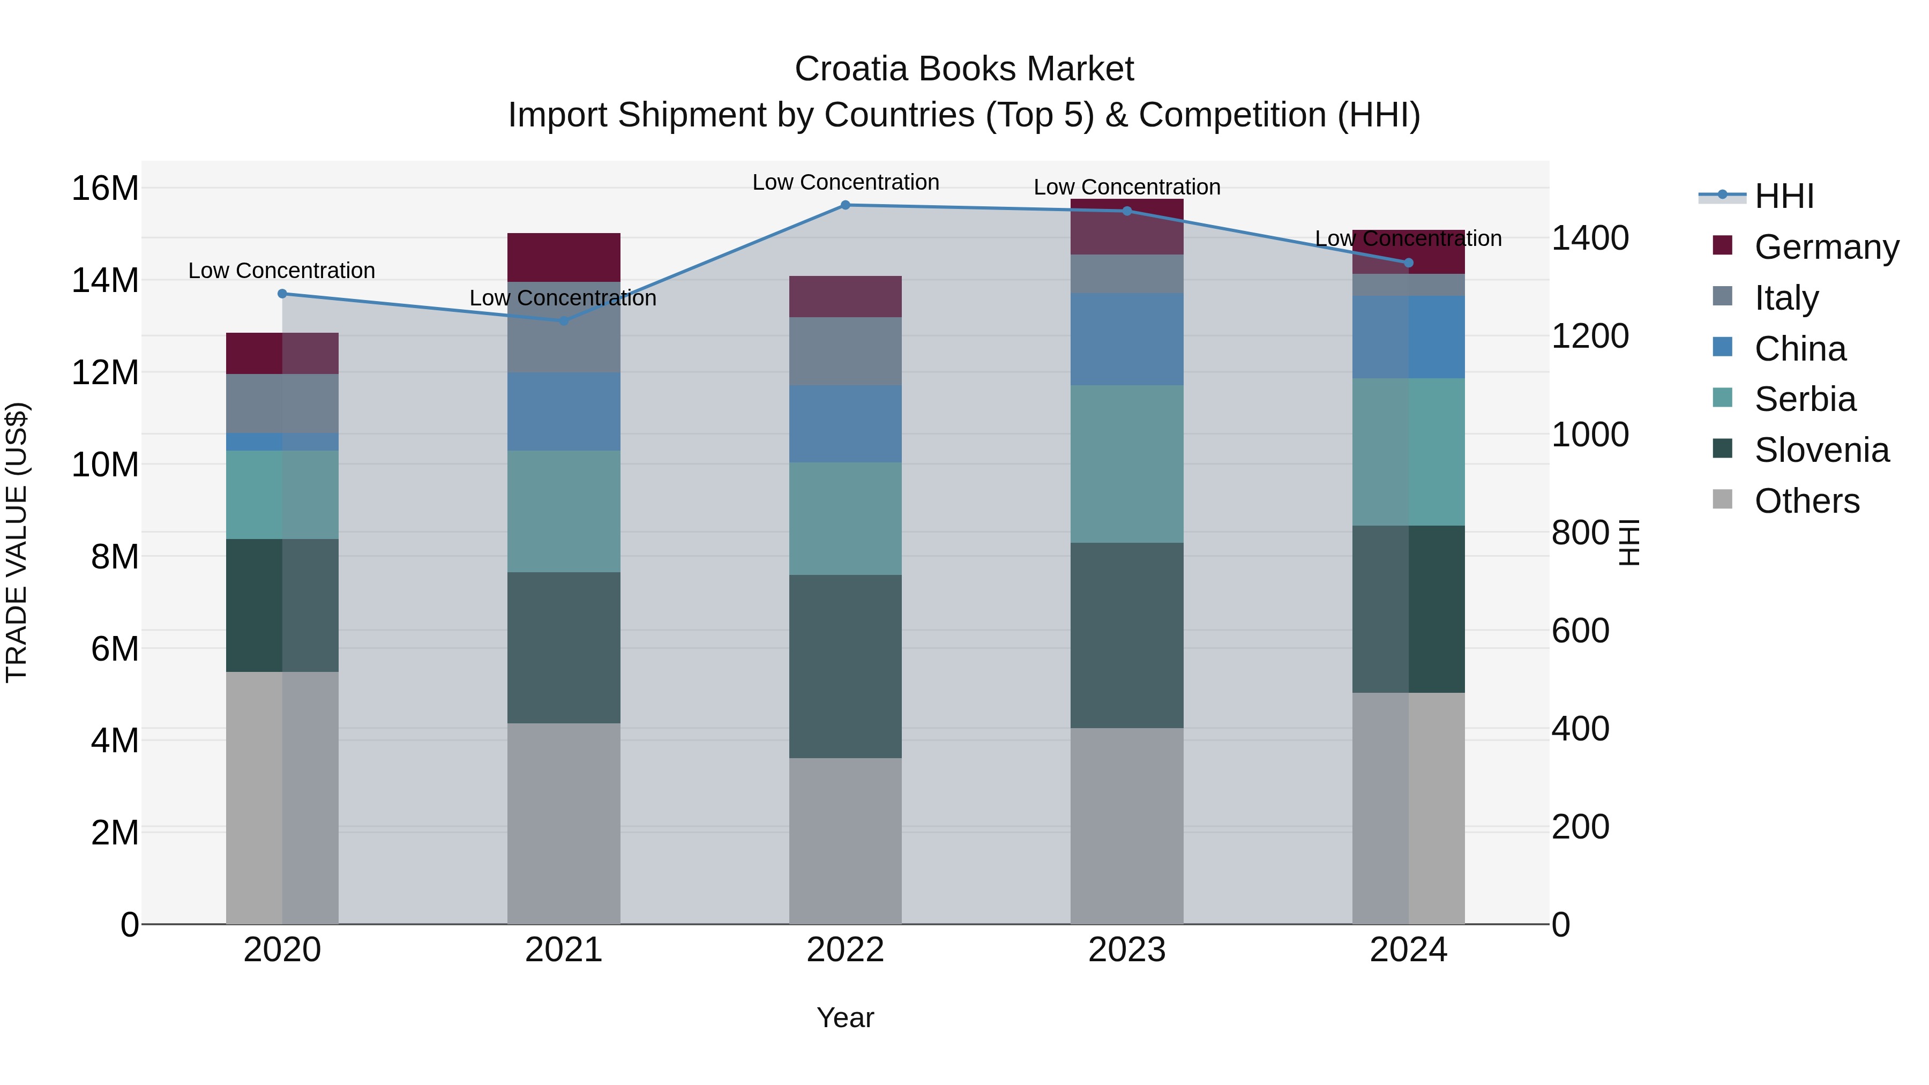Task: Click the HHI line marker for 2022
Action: click(846, 205)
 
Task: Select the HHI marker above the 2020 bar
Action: click(282, 294)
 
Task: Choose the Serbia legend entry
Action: click(1805, 399)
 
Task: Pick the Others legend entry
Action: click(1806, 501)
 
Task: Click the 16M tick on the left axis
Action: click(105, 188)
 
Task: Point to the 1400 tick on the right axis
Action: click(1590, 238)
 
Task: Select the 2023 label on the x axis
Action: click(1126, 950)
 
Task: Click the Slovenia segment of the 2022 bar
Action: click(846, 667)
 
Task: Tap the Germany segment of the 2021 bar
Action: click(564, 258)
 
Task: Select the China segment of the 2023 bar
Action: click(1126, 339)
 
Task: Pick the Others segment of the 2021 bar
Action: click(564, 824)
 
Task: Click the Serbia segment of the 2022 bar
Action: click(846, 518)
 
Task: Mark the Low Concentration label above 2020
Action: click(281, 271)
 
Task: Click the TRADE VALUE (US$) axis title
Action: click(17, 542)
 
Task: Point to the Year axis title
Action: click(846, 1017)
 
